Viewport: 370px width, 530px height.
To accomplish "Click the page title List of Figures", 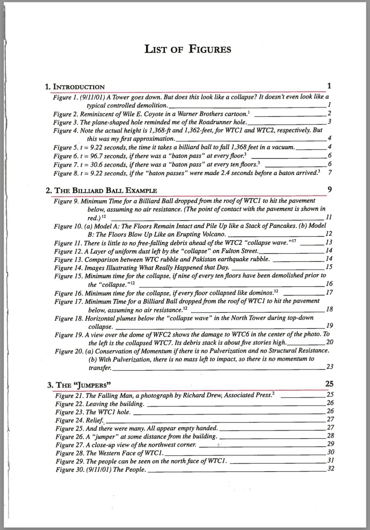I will (x=188, y=49).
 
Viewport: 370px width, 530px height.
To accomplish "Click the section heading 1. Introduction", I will (x=75, y=87).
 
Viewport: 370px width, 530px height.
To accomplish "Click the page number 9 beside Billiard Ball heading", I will (x=330, y=190).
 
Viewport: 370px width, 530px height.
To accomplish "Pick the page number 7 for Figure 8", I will (x=330, y=173).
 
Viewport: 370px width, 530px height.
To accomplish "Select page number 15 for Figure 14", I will (x=329, y=267).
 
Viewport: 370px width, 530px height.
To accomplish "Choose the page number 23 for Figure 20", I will (x=330, y=367).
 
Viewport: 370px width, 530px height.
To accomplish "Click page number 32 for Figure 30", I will (x=330, y=469).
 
